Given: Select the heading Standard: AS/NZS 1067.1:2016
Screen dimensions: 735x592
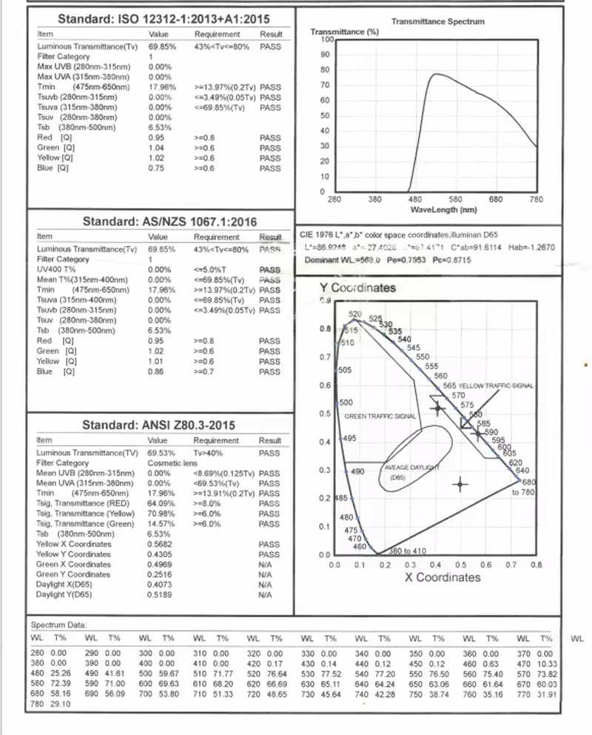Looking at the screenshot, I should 169,221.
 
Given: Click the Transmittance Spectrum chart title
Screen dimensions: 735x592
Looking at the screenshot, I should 437,21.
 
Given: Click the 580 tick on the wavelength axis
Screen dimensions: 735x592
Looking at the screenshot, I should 455,199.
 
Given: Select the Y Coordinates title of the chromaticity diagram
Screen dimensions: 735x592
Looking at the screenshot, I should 357,288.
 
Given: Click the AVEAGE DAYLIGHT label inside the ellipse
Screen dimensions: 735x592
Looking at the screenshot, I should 410,468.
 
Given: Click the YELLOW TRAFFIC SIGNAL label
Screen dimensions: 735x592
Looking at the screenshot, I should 497,386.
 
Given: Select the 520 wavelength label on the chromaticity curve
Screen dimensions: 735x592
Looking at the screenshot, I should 355,315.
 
